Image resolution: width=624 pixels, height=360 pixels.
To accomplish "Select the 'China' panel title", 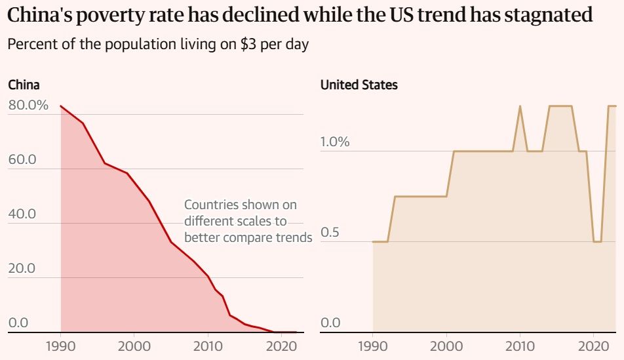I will click(x=24, y=85).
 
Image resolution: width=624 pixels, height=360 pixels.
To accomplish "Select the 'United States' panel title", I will click(x=359, y=85).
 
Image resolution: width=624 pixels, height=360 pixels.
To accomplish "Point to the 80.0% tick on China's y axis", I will click(x=28, y=105).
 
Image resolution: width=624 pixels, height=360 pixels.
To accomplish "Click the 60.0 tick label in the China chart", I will click(x=22, y=160).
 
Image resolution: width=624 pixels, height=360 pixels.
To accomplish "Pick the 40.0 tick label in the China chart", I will click(x=22, y=214).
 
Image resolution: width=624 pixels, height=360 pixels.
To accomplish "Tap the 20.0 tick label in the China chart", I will click(x=22, y=268).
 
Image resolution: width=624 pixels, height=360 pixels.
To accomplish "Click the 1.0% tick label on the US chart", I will click(x=335, y=142).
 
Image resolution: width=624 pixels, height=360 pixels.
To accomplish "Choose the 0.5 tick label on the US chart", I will click(x=332, y=233).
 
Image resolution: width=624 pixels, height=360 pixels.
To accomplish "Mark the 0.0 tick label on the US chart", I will click(x=331, y=323).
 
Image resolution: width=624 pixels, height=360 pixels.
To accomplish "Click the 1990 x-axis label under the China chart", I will click(x=60, y=346).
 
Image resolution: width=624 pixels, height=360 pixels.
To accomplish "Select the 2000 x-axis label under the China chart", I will click(x=134, y=346).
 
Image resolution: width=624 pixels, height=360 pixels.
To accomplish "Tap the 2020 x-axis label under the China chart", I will click(x=281, y=346).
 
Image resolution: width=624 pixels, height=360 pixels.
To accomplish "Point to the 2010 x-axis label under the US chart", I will click(x=520, y=346).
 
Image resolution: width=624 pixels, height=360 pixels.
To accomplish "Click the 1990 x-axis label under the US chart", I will click(x=373, y=346).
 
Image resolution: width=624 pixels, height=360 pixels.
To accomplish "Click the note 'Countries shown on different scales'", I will click(x=248, y=221).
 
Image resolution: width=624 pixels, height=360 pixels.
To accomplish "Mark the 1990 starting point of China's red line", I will click(x=60, y=106).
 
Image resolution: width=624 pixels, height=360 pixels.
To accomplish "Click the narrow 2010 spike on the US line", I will click(x=520, y=106).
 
